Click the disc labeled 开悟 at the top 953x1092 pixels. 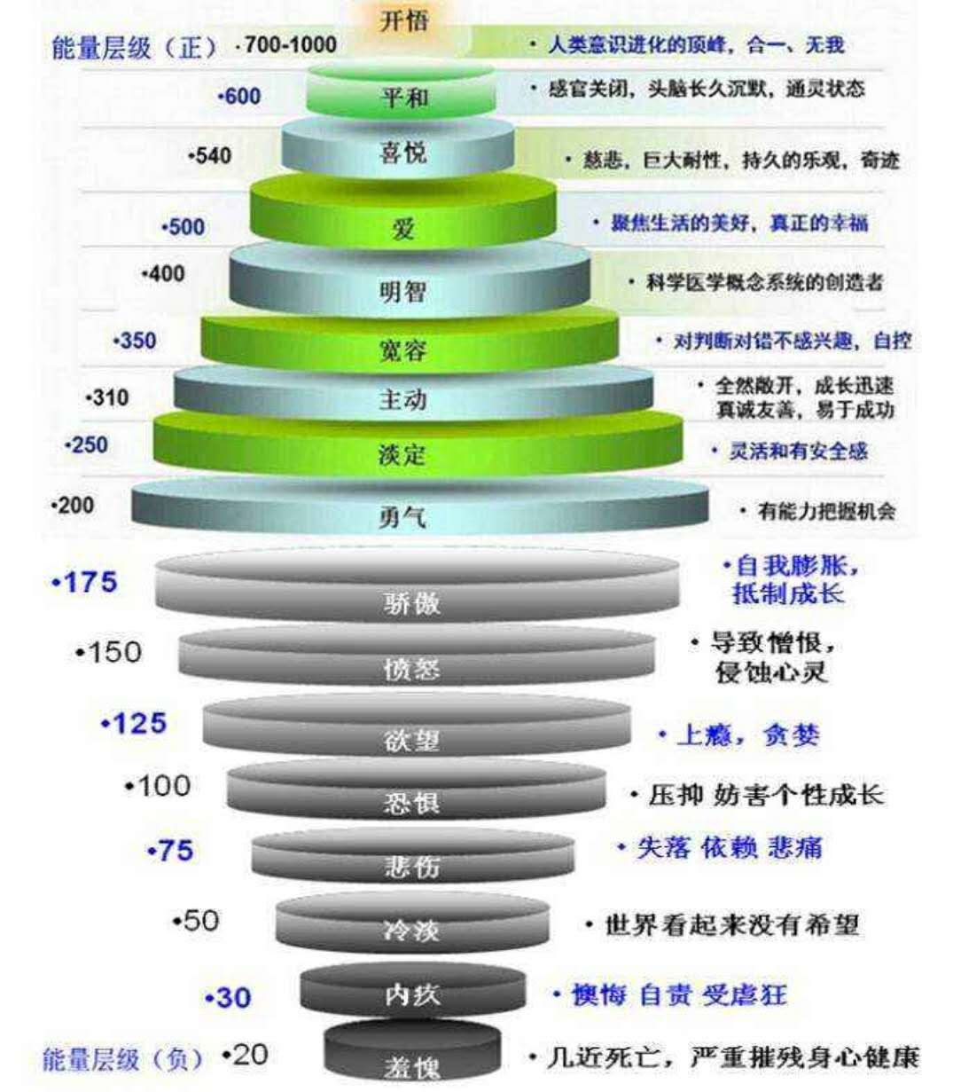tap(403, 21)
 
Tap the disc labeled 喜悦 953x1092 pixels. tap(399, 151)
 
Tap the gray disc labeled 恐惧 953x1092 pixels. tap(415, 791)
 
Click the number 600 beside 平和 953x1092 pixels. tap(239, 96)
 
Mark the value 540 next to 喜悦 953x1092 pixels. tap(211, 156)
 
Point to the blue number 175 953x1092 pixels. tap(85, 583)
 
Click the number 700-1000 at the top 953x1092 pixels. tap(288, 44)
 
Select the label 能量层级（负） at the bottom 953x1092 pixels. tap(122, 1059)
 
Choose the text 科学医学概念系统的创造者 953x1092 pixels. tap(758, 283)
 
